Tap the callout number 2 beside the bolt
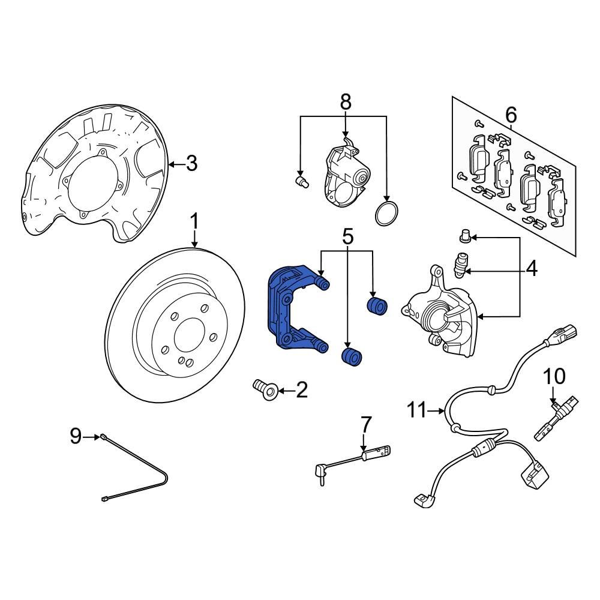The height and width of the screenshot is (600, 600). [301, 391]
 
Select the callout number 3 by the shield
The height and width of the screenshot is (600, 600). [191, 163]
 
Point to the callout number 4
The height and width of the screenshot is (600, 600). [532, 269]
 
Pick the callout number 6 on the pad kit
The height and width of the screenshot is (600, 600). [511, 113]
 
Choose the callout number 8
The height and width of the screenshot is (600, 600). [346, 102]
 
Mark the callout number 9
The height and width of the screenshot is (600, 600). [75, 436]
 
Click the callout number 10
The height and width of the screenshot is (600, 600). [554, 377]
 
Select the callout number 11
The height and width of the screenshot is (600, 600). [419, 411]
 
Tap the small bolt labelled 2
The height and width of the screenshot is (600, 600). [263, 388]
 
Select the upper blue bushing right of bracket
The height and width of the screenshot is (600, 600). [377, 305]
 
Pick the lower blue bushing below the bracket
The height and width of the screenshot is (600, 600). [351, 355]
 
